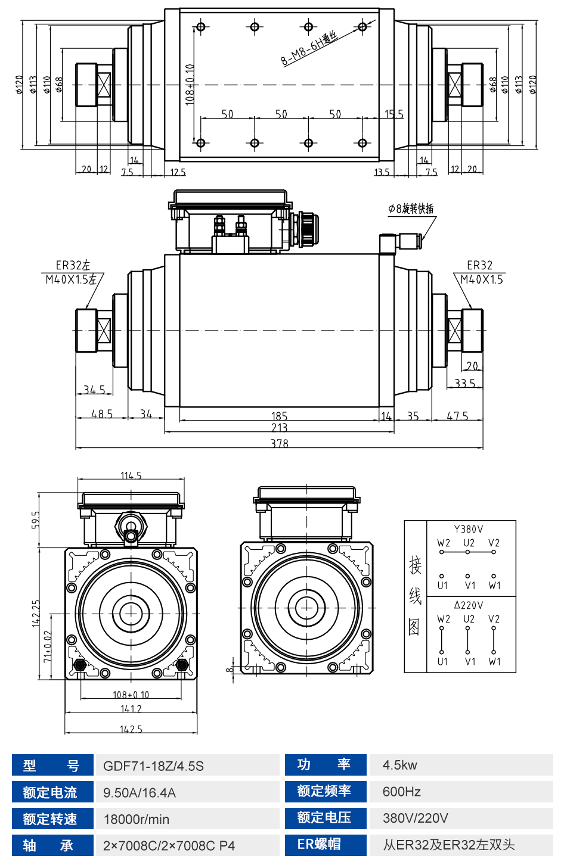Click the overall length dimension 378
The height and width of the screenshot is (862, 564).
(279, 443)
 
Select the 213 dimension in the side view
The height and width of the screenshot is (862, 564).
(279, 427)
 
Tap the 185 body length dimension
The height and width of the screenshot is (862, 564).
(279, 416)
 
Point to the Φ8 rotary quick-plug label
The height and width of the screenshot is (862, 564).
(411, 209)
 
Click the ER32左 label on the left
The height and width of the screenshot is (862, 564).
(73, 265)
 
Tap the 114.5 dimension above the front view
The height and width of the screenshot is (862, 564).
(131, 475)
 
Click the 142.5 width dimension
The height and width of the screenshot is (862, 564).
(131, 729)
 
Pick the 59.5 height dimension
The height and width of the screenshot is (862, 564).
(36, 519)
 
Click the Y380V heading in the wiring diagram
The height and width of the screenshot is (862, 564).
(469, 529)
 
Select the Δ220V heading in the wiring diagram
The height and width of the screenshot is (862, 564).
(469, 605)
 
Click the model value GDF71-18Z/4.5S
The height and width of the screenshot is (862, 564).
(153, 766)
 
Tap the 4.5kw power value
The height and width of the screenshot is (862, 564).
(400, 765)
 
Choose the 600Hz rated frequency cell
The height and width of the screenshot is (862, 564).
(402, 792)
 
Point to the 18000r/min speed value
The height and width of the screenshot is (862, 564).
(137, 819)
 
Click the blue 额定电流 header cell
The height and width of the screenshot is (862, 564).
(50, 792)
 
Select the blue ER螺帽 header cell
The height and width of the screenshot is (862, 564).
(319, 844)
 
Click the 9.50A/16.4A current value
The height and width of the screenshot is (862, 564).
(140, 792)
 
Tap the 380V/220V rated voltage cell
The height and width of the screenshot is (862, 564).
(416, 818)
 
